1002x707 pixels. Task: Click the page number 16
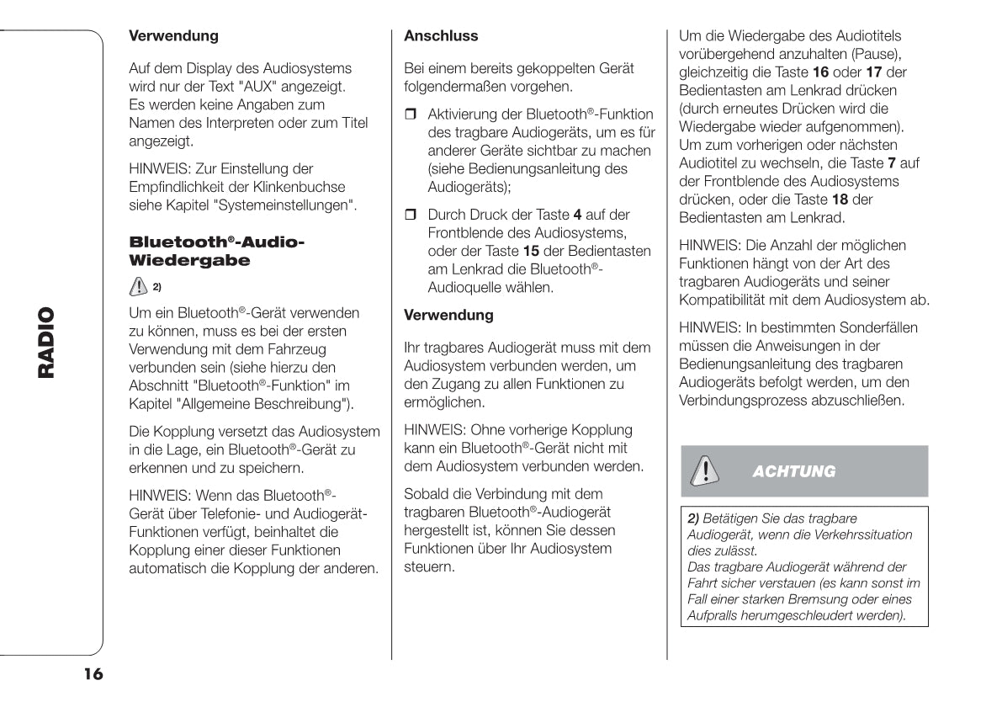click(93, 674)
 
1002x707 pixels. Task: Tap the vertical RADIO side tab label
click(45, 343)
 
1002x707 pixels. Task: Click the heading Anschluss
click(441, 36)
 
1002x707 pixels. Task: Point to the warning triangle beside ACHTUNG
click(700, 470)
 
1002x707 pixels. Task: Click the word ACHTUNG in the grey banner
click(793, 471)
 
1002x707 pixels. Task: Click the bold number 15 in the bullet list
click(531, 251)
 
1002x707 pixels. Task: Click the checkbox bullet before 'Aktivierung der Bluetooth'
click(411, 114)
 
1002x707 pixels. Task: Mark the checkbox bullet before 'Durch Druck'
click(411, 215)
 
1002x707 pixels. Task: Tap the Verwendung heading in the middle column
click(448, 316)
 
